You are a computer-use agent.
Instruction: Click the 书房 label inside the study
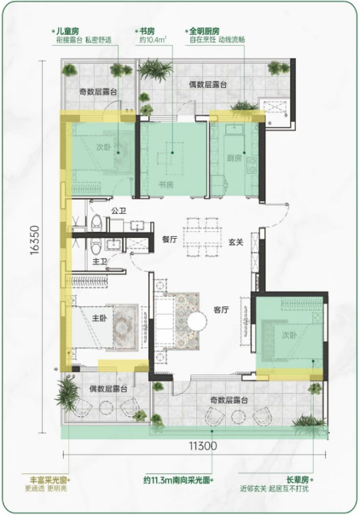click(166, 185)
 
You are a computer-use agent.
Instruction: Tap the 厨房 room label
click(234, 158)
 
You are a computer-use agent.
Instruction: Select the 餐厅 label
click(170, 239)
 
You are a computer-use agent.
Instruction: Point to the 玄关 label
click(236, 242)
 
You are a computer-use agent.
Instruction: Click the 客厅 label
click(221, 310)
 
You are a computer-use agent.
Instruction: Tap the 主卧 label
click(99, 319)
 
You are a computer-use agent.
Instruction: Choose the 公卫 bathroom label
click(119, 211)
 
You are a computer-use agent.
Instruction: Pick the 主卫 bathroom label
click(100, 262)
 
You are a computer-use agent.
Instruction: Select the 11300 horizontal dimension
click(202, 446)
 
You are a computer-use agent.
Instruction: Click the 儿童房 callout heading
click(67, 32)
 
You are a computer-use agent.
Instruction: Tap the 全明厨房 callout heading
click(204, 32)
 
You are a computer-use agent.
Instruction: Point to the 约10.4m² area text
click(153, 40)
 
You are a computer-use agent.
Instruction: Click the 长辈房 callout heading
click(297, 480)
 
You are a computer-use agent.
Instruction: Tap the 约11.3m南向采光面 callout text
click(177, 480)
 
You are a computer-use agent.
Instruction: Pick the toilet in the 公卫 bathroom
click(97, 223)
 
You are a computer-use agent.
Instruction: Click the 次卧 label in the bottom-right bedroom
click(290, 335)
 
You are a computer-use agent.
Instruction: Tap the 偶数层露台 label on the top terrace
click(208, 84)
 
